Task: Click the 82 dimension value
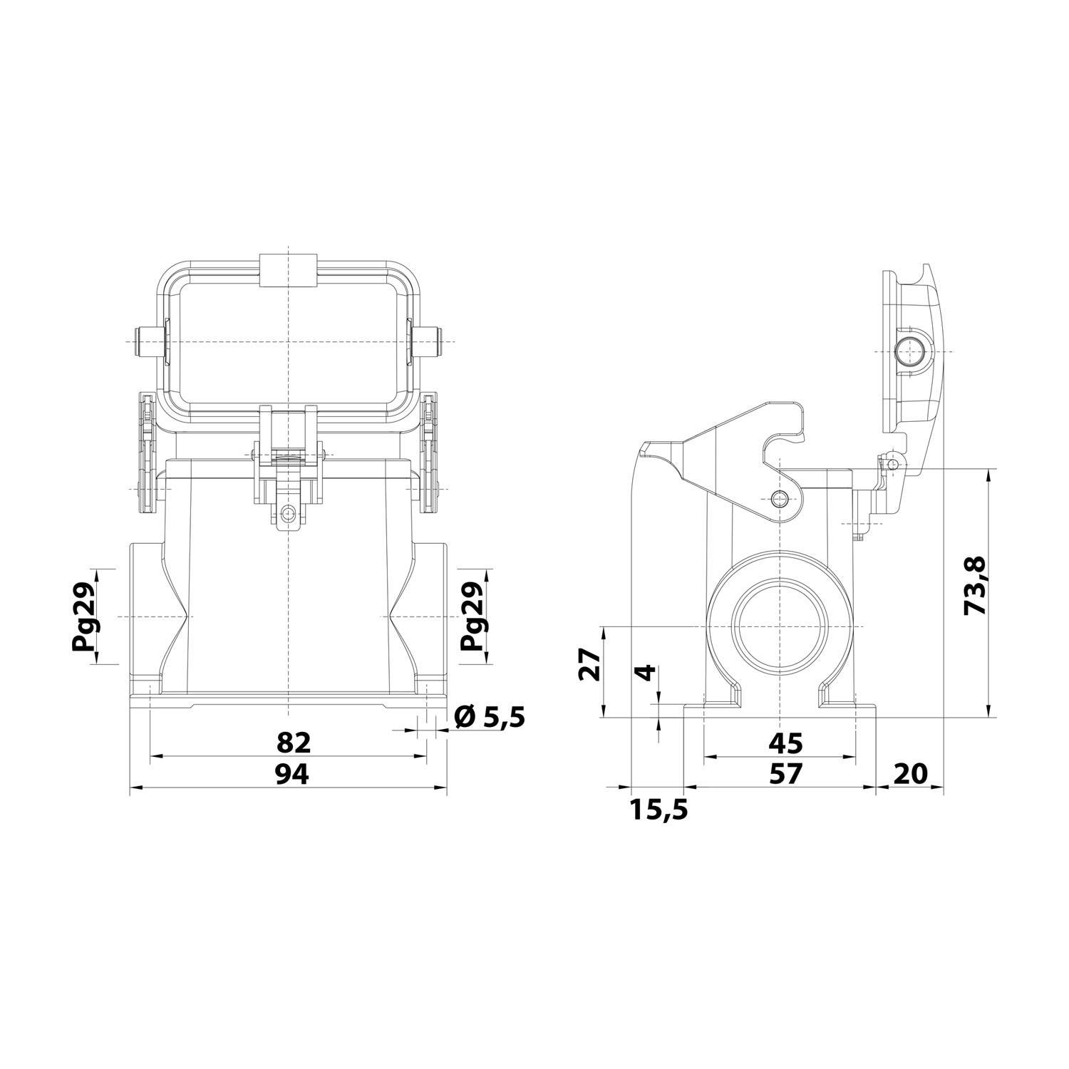(x=293, y=743)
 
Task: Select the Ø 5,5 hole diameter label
(x=489, y=717)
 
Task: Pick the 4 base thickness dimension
(x=646, y=672)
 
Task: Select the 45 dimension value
(x=785, y=743)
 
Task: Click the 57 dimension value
(x=785, y=773)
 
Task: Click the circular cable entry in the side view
(x=782, y=627)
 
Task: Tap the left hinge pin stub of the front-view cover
(x=143, y=342)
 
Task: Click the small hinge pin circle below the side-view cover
(x=893, y=465)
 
